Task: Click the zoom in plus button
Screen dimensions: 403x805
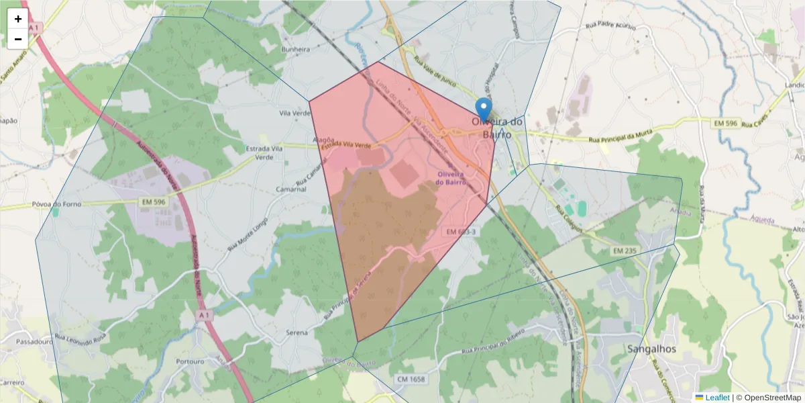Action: pos(18,19)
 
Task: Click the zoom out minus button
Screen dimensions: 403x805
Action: pos(18,39)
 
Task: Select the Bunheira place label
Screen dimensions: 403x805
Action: pos(296,50)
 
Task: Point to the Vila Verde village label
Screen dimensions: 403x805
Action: pos(293,114)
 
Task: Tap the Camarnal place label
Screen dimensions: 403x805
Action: pos(291,189)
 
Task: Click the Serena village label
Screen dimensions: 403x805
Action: pos(297,332)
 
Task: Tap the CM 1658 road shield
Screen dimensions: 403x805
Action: pos(411,379)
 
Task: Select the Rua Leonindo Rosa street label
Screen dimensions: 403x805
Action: pos(80,335)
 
